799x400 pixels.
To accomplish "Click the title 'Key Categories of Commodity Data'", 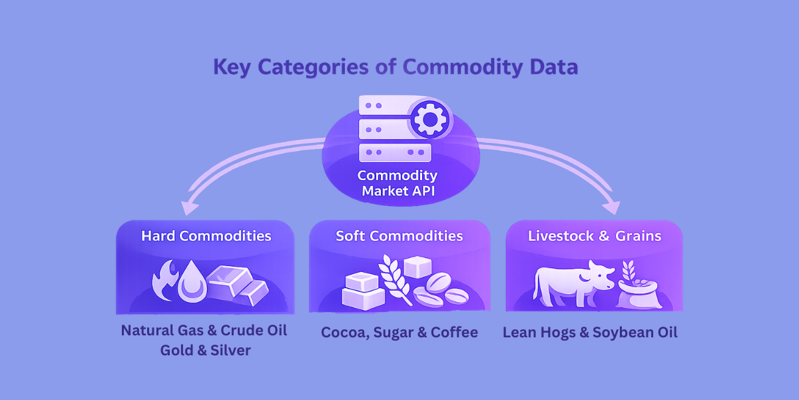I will (396, 67).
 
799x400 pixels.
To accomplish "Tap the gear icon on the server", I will (429, 119).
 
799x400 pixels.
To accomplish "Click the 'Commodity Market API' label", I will (398, 183).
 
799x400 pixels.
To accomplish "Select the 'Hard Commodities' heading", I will (206, 236).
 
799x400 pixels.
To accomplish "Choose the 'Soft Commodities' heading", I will (399, 236).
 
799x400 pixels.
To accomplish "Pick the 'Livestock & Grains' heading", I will (595, 236).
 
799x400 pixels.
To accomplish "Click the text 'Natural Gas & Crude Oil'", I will (204, 331).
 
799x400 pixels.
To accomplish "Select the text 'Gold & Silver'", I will (205, 351).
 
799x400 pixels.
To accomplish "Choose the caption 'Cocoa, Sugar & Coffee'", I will (400, 333).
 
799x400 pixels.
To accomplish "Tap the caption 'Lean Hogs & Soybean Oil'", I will (590, 333).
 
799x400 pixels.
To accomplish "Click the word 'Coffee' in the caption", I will (455, 333).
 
